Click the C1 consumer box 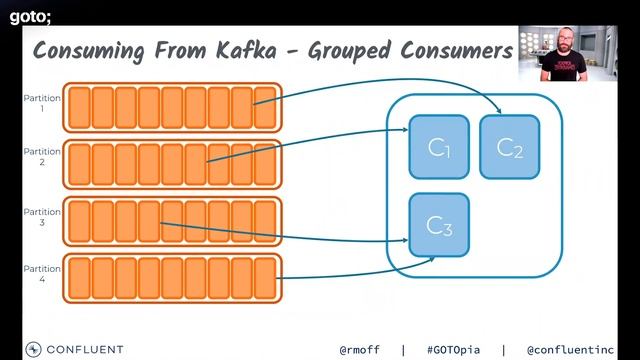click(x=439, y=147)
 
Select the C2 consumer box click(x=509, y=146)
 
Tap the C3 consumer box click(x=439, y=224)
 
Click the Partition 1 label click(x=43, y=103)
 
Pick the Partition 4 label click(x=43, y=273)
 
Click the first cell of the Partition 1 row click(x=79, y=108)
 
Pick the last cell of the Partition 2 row click(x=264, y=164)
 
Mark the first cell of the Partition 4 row click(x=79, y=279)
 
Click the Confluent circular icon click(x=33, y=349)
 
